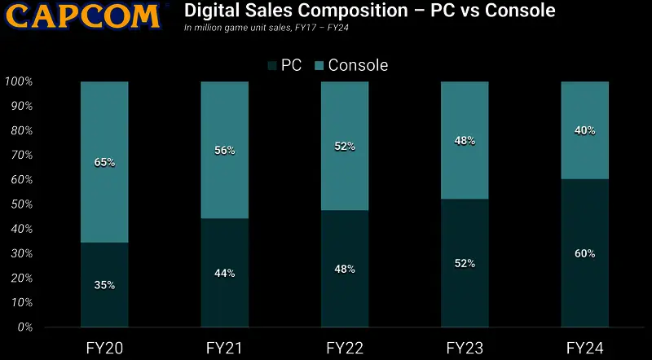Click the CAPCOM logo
click(x=79, y=16)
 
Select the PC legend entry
click(x=284, y=64)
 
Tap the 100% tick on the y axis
click(x=17, y=81)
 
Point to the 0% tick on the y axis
click(x=23, y=327)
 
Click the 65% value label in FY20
click(x=104, y=162)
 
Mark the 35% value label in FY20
click(x=104, y=285)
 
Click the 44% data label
click(x=225, y=274)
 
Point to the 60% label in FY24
click(x=584, y=253)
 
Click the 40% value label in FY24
click(x=584, y=130)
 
